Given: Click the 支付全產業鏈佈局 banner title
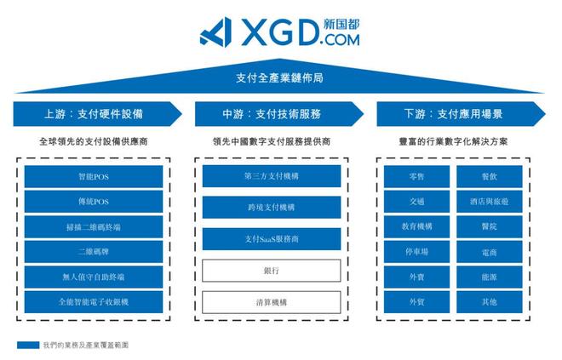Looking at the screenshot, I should click(x=280, y=78).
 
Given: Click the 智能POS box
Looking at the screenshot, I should click(x=94, y=176).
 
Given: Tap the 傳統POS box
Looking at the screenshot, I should click(x=94, y=202).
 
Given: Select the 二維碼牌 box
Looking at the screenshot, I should click(x=94, y=252).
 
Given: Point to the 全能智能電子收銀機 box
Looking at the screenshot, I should click(x=94, y=302).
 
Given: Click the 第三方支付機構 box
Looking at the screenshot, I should click(x=271, y=176).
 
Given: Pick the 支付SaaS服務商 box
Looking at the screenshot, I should click(x=271, y=239).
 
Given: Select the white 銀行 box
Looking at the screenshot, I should click(x=271, y=271).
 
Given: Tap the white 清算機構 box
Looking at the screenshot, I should click(x=271, y=302).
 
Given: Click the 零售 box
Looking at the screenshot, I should click(x=416, y=176).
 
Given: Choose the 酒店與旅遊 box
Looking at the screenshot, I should click(x=489, y=202).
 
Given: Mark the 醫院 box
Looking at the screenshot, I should click(x=489, y=226).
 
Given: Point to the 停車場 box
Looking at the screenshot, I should click(x=416, y=252).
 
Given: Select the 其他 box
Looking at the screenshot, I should click(x=489, y=302).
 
